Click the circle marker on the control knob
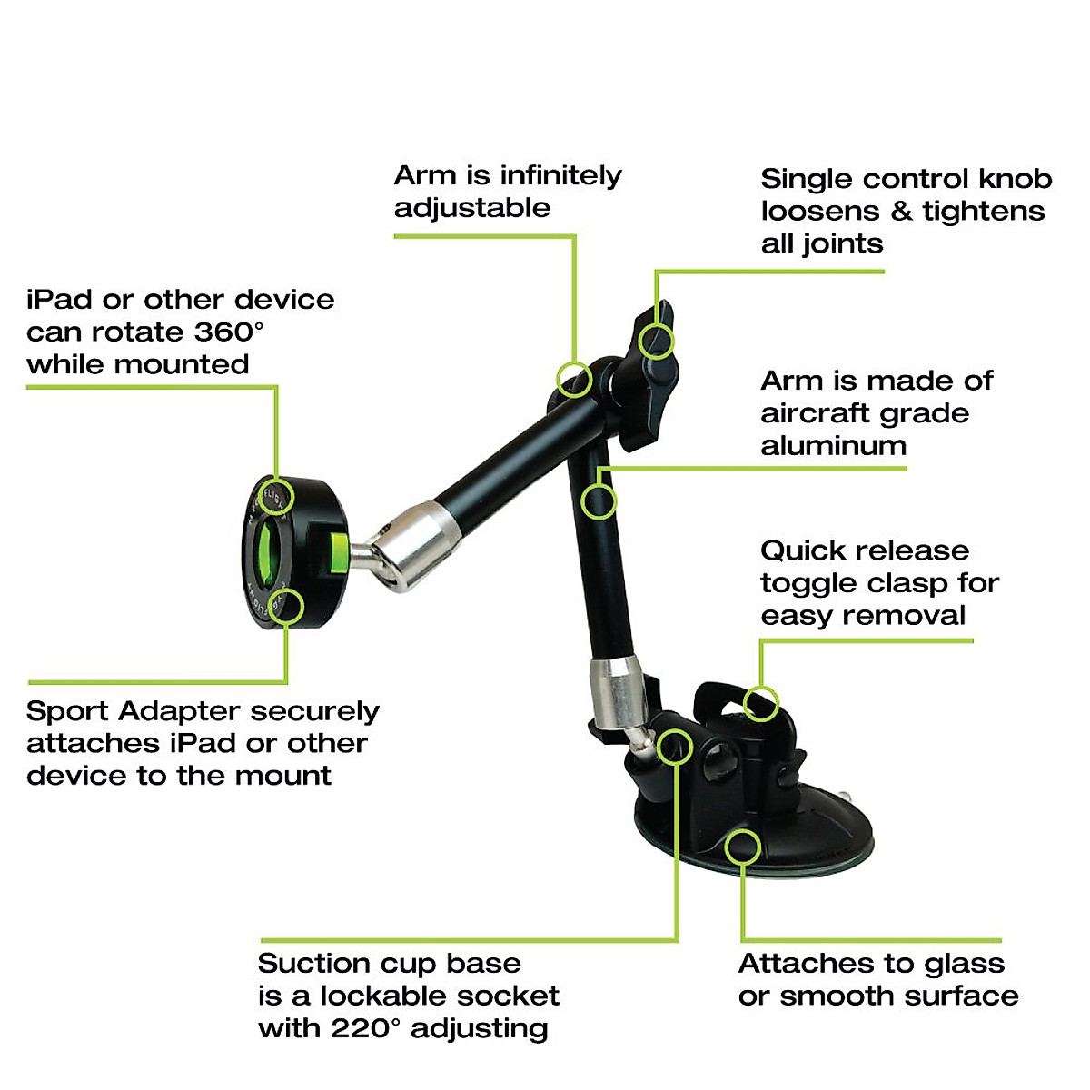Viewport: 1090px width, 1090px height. pos(657,342)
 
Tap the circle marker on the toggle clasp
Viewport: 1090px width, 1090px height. pos(761,702)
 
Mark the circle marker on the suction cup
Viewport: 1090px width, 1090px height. pos(743,846)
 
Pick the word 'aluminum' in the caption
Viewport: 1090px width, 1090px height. pos(833,445)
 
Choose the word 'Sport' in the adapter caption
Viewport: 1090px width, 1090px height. pos(67,711)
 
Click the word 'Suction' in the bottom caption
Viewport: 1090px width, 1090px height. pos(314,963)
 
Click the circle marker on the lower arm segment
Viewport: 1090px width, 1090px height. pos(599,500)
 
